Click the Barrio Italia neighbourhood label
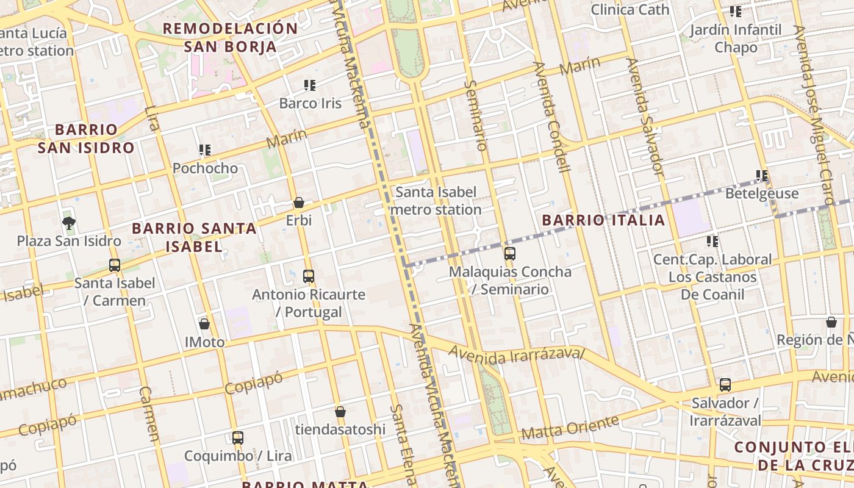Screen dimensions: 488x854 point(603,220)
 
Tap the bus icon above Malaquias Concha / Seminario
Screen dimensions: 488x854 point(510,253)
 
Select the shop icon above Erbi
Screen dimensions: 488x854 point(299,203)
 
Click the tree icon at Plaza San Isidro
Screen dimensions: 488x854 point(69,223)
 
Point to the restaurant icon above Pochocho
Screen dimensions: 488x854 point(205,150)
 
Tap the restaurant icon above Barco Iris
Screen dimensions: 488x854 point(310,85)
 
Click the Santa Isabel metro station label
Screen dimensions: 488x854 point(436,201)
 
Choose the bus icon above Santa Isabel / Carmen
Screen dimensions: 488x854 point(115,265)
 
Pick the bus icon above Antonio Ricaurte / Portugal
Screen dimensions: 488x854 point(309,276)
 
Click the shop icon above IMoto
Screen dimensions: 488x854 point(204,324)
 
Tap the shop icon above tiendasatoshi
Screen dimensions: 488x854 point(340,412)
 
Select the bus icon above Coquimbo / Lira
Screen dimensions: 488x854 point(238,437)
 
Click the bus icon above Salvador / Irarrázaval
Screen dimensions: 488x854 point(725,385)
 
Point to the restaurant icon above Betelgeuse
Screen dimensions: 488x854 point(762,176)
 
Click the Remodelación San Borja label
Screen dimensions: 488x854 point(230,37)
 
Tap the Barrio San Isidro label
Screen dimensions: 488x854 point(86,138)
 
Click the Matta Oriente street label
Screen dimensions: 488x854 point(570,428)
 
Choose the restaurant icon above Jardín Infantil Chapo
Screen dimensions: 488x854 point(736,12)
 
